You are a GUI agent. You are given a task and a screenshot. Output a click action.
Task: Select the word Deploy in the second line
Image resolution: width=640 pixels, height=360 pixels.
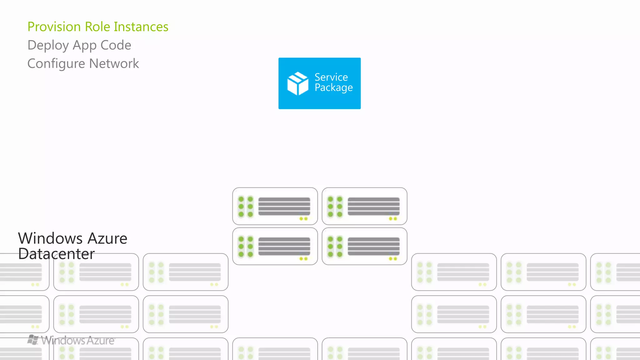[x=48, y=46]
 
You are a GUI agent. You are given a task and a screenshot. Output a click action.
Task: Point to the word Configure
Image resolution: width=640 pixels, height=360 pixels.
[x=56, y=64]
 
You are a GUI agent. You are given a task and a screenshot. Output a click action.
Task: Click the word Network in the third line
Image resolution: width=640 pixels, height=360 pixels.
[x=114, y=64]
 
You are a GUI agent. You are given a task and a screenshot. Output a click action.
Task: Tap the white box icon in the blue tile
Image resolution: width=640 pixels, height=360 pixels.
[x=297, y=83]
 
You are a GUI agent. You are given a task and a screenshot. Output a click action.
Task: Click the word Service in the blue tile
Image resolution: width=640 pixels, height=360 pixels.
[x=331, y=77]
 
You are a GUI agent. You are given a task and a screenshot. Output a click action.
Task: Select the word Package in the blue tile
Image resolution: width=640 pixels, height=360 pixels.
[x=333, y=88]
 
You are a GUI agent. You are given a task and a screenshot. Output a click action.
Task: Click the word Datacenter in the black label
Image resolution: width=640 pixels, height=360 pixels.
[x=57, y=254]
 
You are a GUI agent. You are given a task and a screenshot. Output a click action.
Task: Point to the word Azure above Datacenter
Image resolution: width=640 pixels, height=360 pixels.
[x=107, y=238]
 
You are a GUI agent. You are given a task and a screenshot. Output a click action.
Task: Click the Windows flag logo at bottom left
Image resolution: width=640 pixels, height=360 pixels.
[x=33, y=340]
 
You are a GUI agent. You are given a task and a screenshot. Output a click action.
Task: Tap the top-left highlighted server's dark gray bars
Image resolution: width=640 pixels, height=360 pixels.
[x=284, y=206]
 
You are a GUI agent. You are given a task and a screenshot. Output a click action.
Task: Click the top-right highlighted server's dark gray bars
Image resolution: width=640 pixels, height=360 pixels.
[x=373, y=206]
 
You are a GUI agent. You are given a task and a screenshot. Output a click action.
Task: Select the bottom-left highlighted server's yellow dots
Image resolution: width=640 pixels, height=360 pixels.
[x=303, y=259]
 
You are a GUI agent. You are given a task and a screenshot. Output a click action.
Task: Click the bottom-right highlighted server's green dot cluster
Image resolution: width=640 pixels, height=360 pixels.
[x=335, y=247]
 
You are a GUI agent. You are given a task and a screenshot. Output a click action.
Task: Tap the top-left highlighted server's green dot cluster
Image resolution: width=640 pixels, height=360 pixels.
[x=246, y=207]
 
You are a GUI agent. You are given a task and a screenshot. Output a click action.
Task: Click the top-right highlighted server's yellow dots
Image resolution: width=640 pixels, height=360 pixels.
[x=393, y=219]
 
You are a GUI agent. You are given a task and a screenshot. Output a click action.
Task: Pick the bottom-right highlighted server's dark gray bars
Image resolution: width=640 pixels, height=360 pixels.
[x=373, y=246]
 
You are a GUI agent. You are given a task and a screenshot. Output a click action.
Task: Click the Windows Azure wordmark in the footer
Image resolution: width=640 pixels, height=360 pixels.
[x=78, y=340]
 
